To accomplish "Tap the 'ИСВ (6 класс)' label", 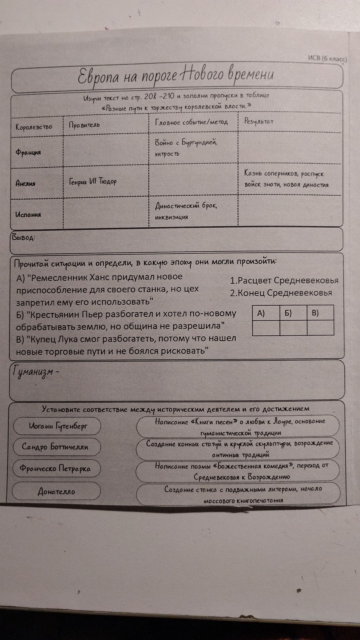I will [327, 59].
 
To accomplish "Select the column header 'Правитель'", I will [84, 125].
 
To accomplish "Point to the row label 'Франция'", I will [28, 152].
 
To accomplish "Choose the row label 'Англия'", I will [25, 183].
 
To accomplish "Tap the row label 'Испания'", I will [28, 215].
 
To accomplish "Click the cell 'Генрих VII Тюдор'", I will [93, 182].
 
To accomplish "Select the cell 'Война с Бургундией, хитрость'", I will [186, 148].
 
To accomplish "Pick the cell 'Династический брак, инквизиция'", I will [186, 211].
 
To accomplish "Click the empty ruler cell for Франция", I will [106, 152].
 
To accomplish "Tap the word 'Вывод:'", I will [23, 237].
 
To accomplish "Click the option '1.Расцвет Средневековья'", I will [284, 281].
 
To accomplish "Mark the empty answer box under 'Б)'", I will [293, 328].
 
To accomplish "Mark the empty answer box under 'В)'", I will [320, 328].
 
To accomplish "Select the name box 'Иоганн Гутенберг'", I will [57, 426].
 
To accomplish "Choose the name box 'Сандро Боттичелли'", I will [55, 447].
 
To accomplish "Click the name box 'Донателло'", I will [56, 491].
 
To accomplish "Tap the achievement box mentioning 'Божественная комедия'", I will [238, 471].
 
